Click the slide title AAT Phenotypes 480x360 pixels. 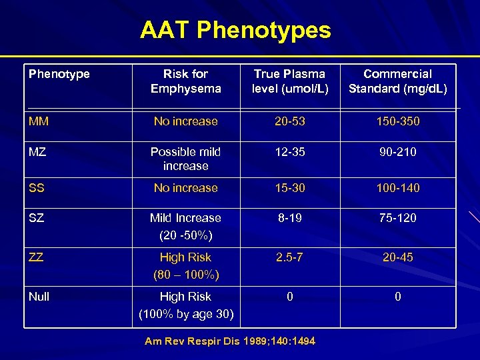(235, 30)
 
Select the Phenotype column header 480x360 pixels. (59, 74)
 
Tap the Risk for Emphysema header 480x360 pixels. (185, 81)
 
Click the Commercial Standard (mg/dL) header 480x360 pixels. (398, 81)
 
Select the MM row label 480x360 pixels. (38, 121)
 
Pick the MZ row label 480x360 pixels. (37, 152)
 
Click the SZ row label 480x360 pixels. (37, 218)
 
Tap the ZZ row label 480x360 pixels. (37, 257)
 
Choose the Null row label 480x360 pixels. (39, 297)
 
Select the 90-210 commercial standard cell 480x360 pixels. (398, 152)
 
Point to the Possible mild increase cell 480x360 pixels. (185, 159)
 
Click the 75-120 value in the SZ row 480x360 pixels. (398, 218)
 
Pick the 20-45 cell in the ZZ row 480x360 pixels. (398, 257)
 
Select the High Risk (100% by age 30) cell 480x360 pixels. (185, 305)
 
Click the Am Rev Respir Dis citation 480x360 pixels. (230, 341)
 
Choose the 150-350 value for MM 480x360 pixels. (398, 121)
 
